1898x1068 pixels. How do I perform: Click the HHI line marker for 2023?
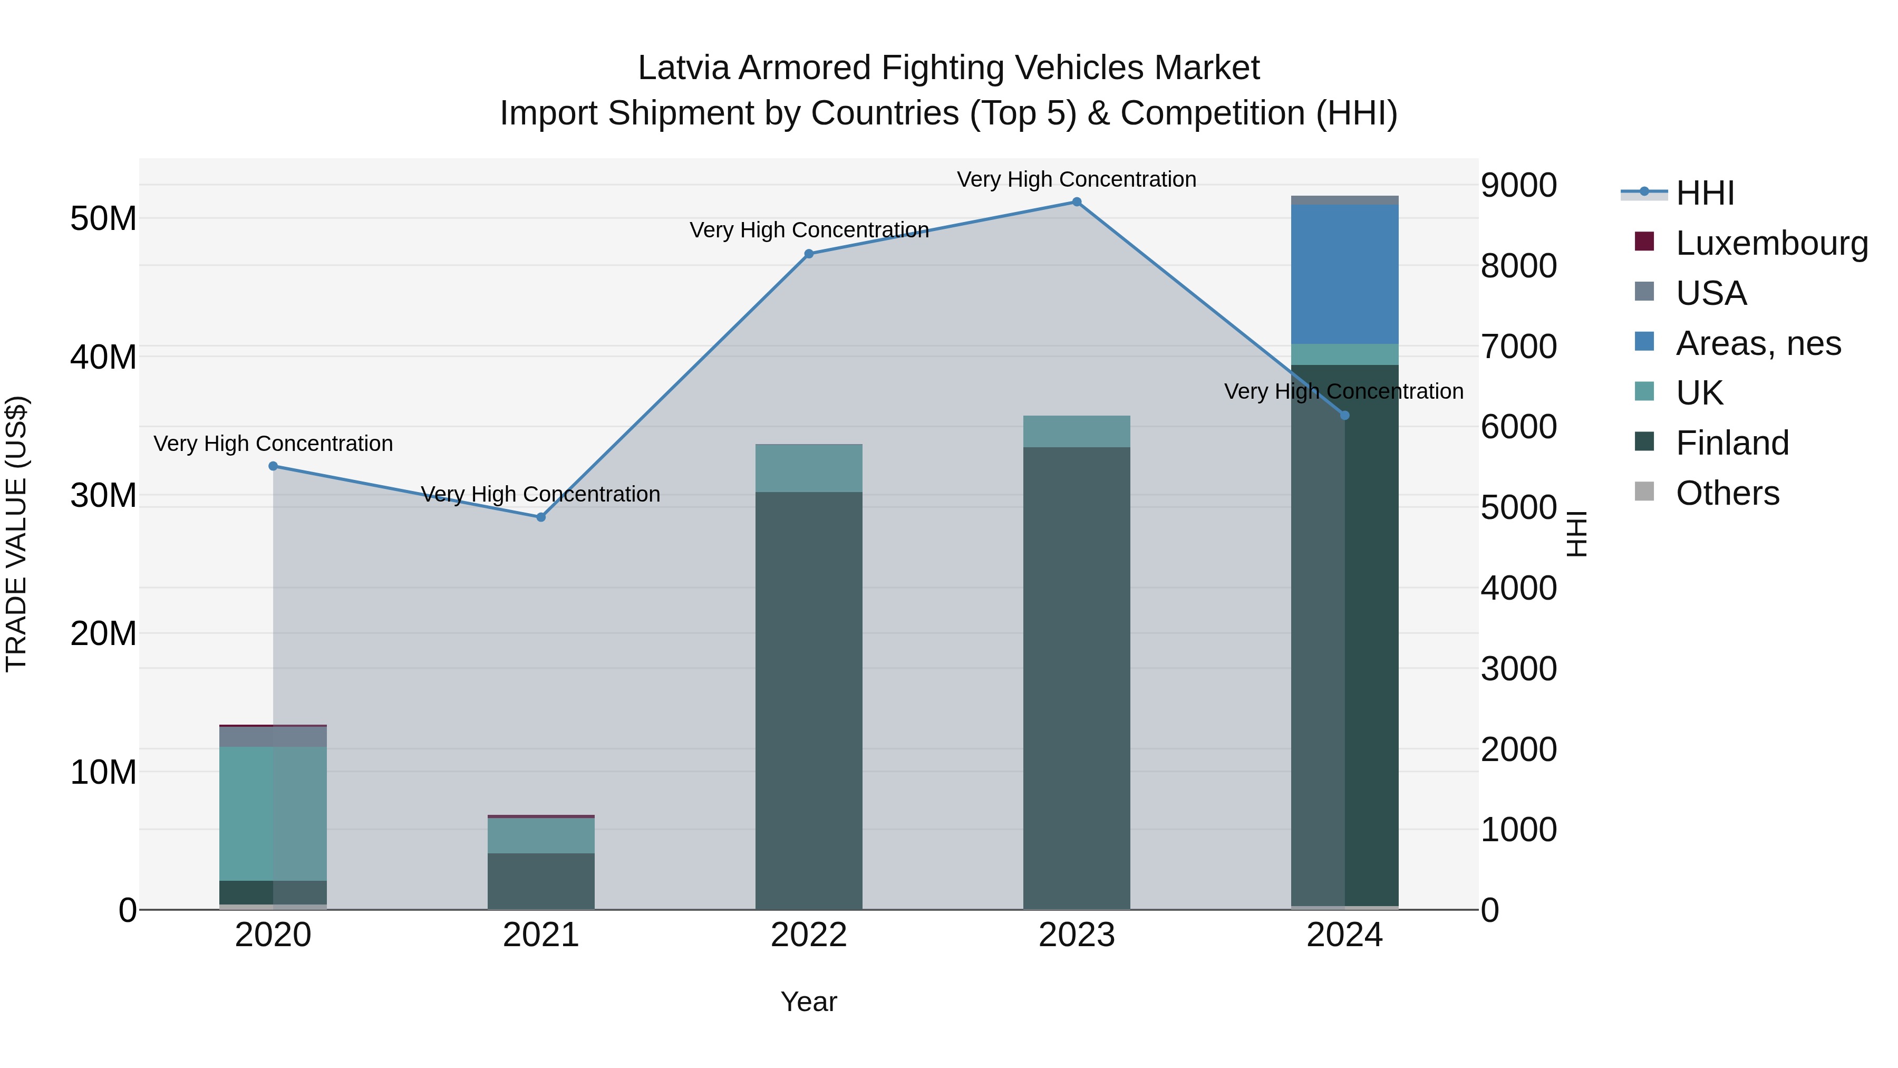coord(1077,202)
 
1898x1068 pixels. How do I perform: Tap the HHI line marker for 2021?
coord(541,517)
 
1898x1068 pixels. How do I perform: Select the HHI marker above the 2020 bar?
coord(273,466)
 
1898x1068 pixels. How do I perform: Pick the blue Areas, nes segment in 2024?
coord(1344,274)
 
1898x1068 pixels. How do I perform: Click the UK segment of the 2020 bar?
coord(273,814)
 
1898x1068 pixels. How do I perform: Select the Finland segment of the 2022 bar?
coord(808,700)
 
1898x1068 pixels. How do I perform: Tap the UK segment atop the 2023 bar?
coord(1077,431)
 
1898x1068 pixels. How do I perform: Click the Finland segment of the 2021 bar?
coord(541,881)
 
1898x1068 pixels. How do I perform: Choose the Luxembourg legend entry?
coord(1771,243)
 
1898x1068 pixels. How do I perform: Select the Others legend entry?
coord(1727,493)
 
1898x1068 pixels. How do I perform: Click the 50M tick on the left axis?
coord(103,219)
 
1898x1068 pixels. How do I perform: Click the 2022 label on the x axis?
coord(808,935)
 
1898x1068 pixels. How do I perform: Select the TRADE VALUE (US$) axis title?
coord(17,534)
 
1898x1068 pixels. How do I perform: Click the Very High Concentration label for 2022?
coord(808,230)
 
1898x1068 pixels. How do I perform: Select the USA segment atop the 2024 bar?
coord(1344,200)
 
